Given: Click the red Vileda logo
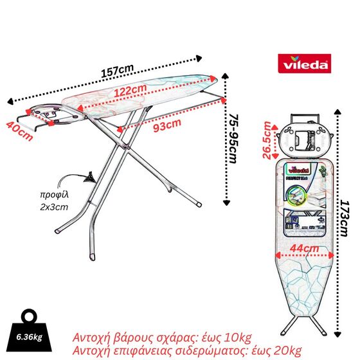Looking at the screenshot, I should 305,64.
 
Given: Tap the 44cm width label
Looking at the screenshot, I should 302,248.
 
